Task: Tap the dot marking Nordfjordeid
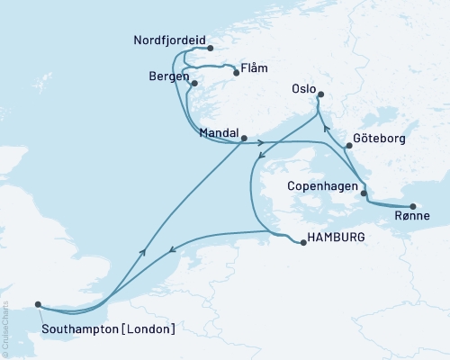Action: coord(209,49)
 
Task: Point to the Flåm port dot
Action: coord(235,74)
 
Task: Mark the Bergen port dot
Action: coord(193,84)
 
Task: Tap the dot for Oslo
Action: coord(320,95)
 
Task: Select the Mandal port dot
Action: coord(244,138)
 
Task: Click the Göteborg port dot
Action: coord(348,145)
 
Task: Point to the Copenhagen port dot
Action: coord(364,193)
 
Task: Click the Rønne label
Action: coord(411,217)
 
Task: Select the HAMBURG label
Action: coord(337,238)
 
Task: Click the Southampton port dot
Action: coord(37,304)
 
